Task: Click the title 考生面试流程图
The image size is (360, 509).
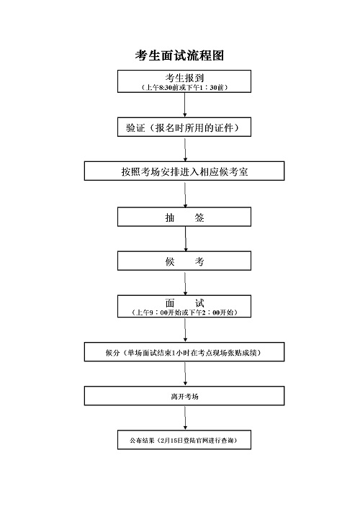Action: tap(179, 55)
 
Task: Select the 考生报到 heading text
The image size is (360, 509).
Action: tap(184, 78)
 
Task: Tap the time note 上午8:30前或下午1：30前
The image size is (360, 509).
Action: tap(184, 87)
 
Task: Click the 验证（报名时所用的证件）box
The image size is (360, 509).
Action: tap(184, 127)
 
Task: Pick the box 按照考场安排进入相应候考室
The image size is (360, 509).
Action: tap(184, 171)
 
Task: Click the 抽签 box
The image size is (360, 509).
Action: tap(184, 217)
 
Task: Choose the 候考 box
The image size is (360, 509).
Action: tap(184, 261)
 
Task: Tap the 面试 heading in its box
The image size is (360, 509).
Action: tap(184, 303)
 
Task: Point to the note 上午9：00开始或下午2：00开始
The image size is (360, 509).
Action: tap(184, 312)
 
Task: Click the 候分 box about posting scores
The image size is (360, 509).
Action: tap(184, 351)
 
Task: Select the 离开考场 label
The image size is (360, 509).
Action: tap(184, 397)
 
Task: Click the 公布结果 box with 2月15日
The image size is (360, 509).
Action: tap(184, 440)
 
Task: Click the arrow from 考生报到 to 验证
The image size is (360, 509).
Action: tap(185, 105)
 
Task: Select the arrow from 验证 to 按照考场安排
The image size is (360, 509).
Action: tap(185, 149)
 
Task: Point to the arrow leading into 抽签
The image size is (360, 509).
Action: tap(185, 194)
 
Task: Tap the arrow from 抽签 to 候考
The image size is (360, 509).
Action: tap(186, 239)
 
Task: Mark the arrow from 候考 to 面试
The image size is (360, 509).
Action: tap(185, 283)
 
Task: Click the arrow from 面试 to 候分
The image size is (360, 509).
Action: tap(185, 330)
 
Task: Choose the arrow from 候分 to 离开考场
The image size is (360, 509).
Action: tap(185, 374)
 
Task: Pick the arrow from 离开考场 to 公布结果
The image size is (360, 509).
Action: tap(185, 418)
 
